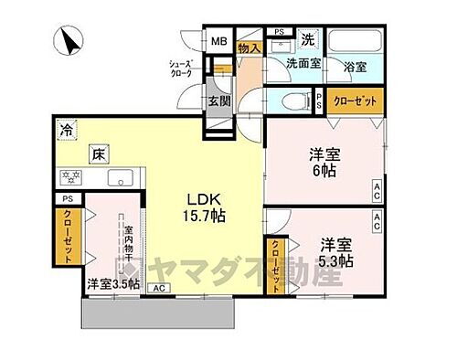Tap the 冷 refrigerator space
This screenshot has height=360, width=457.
[x=67, y=130]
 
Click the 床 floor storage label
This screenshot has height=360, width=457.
[x=97, y=154]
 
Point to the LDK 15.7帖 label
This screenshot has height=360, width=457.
[x=207, y=207]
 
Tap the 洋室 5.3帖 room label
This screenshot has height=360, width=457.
[x=337, y=251]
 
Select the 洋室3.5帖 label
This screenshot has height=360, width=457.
[x=113, y=284]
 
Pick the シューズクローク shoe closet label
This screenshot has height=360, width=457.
[x=179, y=70]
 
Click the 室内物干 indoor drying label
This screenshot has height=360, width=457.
[x=130, y=248]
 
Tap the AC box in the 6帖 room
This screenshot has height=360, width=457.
[x=376, y=190]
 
